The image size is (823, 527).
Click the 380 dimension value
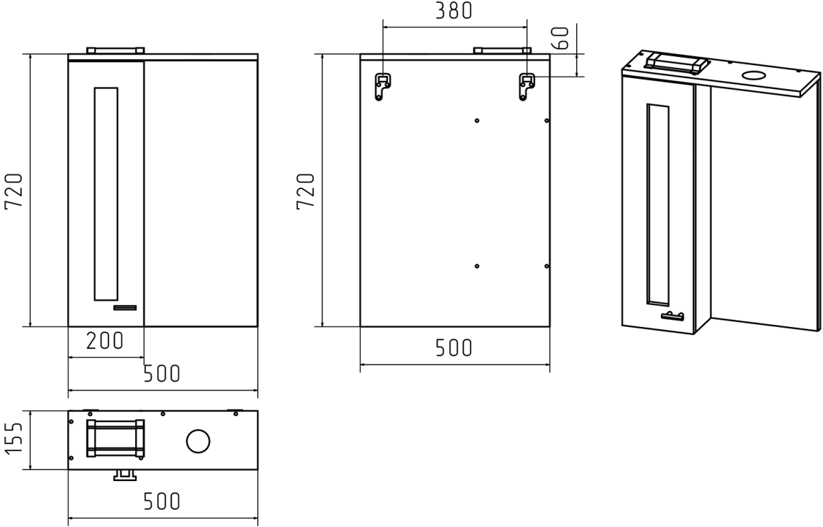454,11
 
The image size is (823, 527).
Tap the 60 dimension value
560,38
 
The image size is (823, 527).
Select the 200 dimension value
105,341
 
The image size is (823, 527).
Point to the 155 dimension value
14,439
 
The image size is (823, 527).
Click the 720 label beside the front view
14,191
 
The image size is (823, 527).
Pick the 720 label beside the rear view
306,191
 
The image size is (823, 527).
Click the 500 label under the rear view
454,347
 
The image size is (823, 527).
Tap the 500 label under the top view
162,501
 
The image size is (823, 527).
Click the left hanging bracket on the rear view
383,86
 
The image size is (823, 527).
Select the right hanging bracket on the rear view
527,86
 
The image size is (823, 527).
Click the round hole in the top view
198,441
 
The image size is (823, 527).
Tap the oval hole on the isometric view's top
754,75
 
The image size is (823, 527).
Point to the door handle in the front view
125,308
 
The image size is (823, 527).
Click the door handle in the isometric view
672,316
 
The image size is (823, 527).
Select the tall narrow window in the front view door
106,194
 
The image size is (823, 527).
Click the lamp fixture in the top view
115,438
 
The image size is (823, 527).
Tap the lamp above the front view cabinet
115,50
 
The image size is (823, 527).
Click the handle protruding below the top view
125,475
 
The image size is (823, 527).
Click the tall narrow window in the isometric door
658,204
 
